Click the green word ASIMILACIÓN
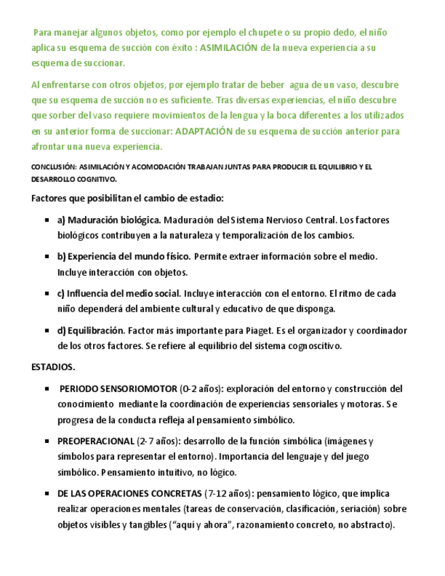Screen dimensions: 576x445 pyautogui.click(x=230, y=48)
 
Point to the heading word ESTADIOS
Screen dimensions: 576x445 pyautogui.click(x=54, y=367)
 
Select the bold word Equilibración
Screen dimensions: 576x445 pyautogui.click(x=96, y=331)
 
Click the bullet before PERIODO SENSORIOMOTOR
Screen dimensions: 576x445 pyautogui.click(x=47, y=389)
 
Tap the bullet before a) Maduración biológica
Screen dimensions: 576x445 pyautogui.click(x=47, y=221)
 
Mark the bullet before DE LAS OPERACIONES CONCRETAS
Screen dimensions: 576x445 pyautogui.click(x=47, y=494)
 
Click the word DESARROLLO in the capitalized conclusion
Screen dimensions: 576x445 pyautogui.click(x=54, y=179)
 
